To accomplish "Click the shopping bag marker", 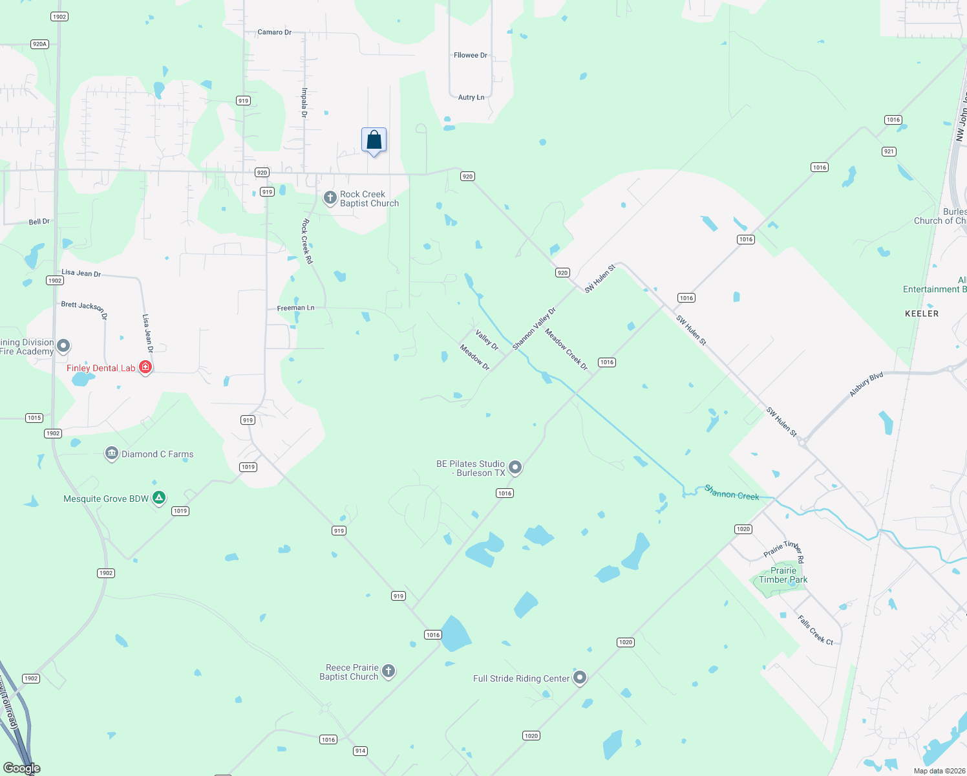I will pos(374,140).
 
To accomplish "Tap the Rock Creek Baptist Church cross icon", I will pos(330,197).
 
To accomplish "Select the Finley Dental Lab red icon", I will pos(145,367).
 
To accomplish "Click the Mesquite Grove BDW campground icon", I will pos(159,498).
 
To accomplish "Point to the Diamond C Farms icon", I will pos(111,453).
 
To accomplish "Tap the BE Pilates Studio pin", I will pos(515,467).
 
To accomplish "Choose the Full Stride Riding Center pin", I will pos(580,678).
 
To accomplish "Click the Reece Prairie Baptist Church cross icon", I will pos(388,671).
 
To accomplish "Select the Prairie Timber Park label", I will pos(783,575).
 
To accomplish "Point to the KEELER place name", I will pos(922,314).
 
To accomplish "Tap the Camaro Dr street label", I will pos(275,32).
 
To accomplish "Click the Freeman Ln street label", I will pos(295,308).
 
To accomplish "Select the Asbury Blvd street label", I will pos(866,385).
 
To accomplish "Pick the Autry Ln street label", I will pos(471,98).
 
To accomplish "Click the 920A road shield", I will pos(39,44).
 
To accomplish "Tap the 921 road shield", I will pos(889,151).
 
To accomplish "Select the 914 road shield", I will pos(360,751).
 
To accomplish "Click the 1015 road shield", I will pos(34,418).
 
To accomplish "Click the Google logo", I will pos(22,768).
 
